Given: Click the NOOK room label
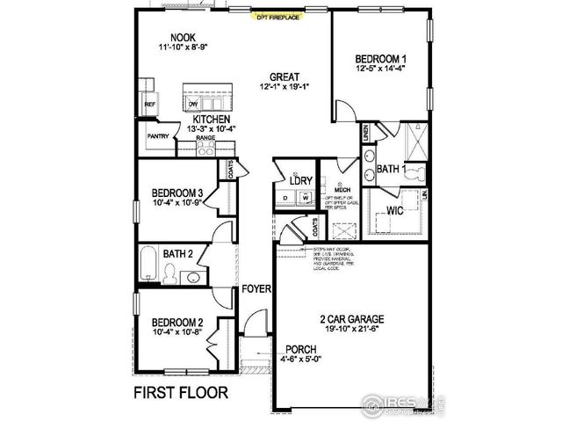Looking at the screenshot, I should click(x=182, y=38).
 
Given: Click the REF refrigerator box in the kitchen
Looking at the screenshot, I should click(x=149, y=104).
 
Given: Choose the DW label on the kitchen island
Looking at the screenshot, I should click(x=193, y=105).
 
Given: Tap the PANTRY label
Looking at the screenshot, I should click(x=158, y=136).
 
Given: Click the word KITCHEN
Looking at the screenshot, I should click(x=212, y=118).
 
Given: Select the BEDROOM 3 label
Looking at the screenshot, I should click(x=177, y=193).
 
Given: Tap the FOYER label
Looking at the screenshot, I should click(x=256, y=288).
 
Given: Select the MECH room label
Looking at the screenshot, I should click(x=342, y=187).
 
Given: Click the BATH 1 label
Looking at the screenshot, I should click(x=391, y=168).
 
